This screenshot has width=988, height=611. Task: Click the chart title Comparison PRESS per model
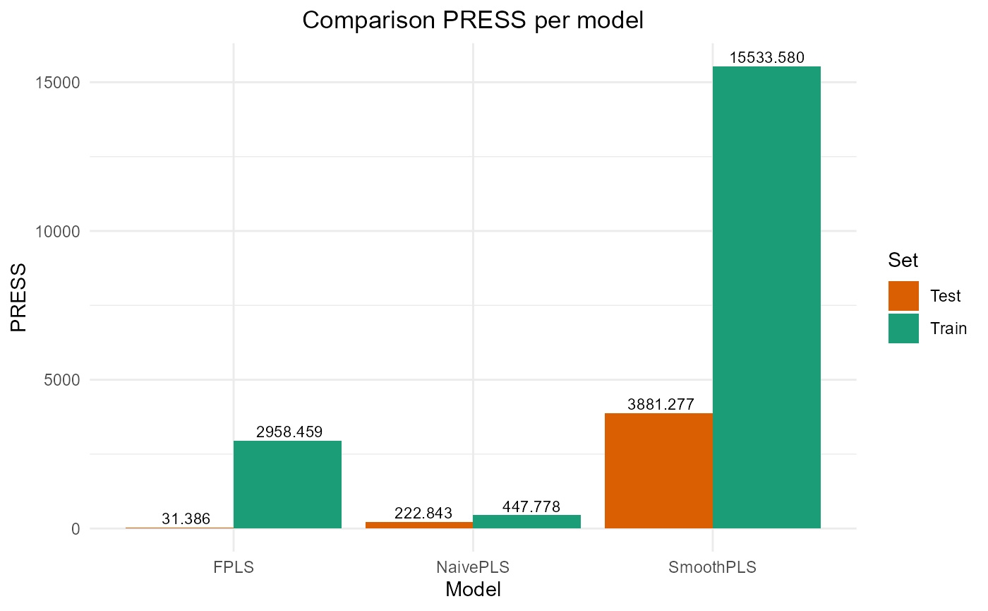tap(473, 20)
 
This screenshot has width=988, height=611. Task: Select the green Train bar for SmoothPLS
tap(766, 297)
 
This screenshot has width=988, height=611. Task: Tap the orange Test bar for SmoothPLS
tap(658, 470)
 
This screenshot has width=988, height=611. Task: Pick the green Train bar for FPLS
tap(287, 485)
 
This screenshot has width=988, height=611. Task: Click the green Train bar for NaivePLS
tap(526, 521)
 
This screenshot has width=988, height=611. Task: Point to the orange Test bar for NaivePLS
tap(419, 525)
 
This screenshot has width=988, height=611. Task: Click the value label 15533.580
tap(766, 58)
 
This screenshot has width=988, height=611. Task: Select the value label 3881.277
tap(661, 405)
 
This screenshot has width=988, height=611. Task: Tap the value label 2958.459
tap(289, 432)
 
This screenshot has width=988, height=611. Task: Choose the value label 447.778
tap(531, 506)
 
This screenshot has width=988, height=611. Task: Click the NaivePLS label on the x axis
tap(473, 567)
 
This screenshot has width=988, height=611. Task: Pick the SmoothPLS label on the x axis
tap(713, 567)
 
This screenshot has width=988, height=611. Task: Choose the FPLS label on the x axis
tap(233, 567)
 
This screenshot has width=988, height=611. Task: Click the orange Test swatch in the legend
tap(903, 296)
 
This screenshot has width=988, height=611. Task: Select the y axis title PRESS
tap(19, 297)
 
